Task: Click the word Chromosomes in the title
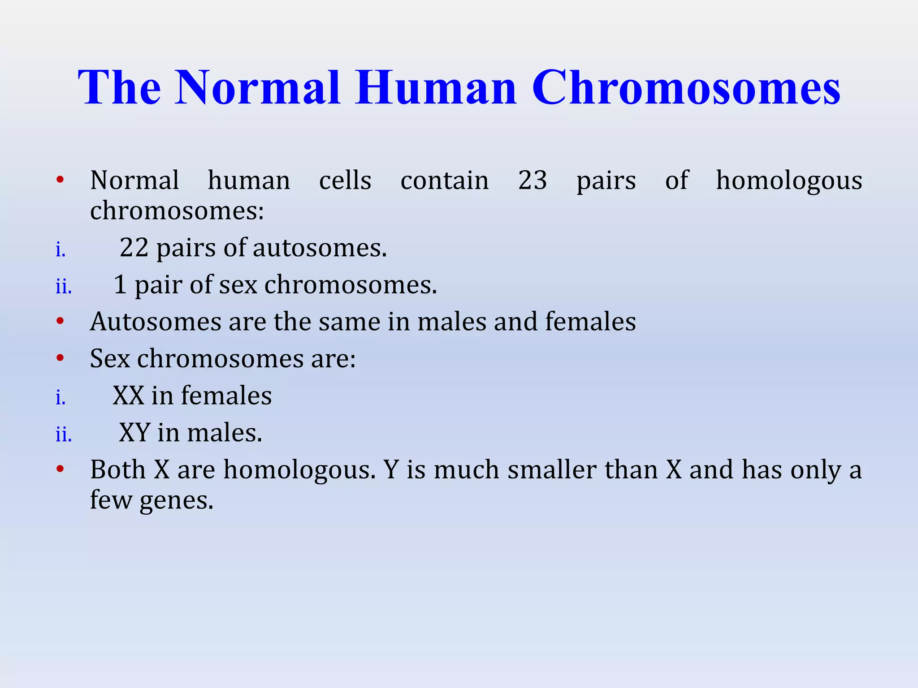(x=686, y=88)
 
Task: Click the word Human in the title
(x=436, y=88)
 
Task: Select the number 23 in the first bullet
(x=532, y=181)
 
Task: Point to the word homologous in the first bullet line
(x=789, y=181)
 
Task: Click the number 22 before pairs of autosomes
(x=134, y=248)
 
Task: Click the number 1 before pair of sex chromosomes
(x=120, y=285)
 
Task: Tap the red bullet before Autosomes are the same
(x=61, y=321)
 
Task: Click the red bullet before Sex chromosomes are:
(x=61, y=358)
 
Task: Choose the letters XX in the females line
(x=128, y=396)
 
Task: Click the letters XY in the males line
(x=134, y=433)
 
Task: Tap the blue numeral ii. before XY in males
(x=64, y=434)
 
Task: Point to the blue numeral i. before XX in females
(x=61, y=397)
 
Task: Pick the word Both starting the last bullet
(x=118, y=470)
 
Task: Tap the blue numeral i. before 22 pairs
(x=61, y=249)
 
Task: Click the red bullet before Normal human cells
(x=61, y=180)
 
